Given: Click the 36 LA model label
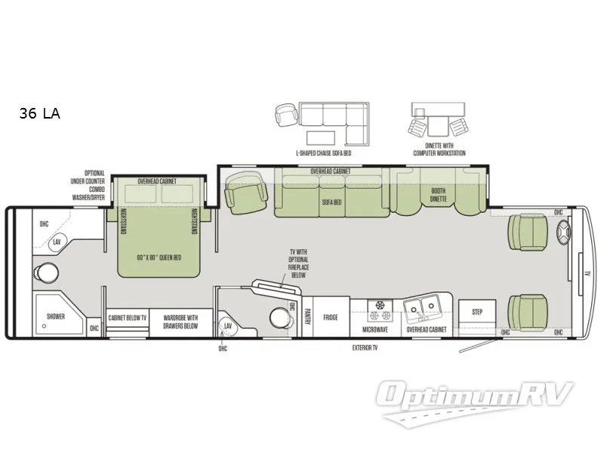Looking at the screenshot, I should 39,114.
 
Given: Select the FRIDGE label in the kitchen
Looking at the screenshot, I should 331,318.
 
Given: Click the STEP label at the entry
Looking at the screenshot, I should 477,311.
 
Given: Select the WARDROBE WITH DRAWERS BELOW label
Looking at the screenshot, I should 181,322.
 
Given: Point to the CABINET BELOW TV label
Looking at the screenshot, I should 126,318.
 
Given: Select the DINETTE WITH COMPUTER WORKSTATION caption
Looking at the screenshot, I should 439,149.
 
